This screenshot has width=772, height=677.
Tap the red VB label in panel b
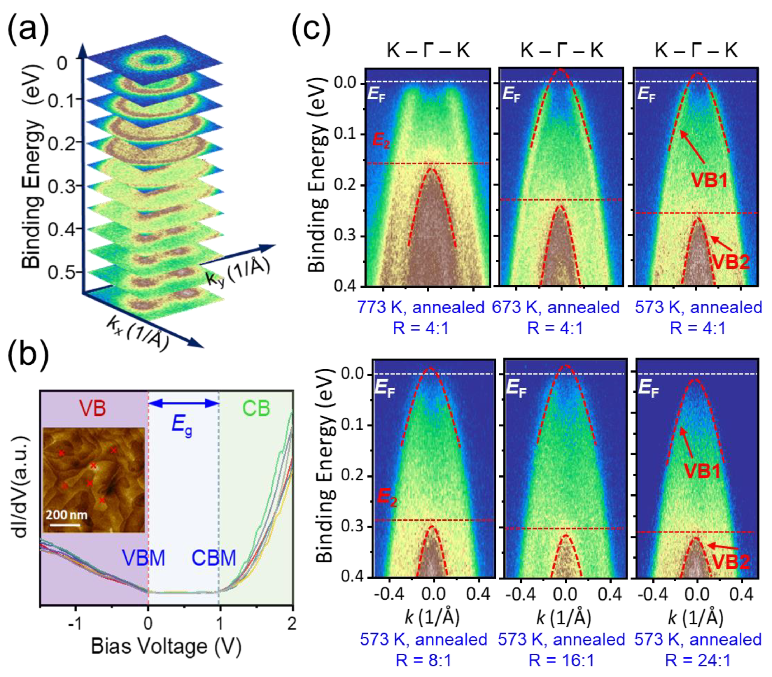coord(93,408)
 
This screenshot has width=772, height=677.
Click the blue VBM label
coord(144,558)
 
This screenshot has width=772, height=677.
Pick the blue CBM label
coord(214,558)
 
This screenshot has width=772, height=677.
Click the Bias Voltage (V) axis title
coord(166,646)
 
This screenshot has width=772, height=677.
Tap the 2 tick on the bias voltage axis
coord(292,623)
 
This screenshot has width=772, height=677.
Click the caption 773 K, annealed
coord(421,308)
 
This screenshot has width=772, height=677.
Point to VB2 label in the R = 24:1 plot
coord(731,562)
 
